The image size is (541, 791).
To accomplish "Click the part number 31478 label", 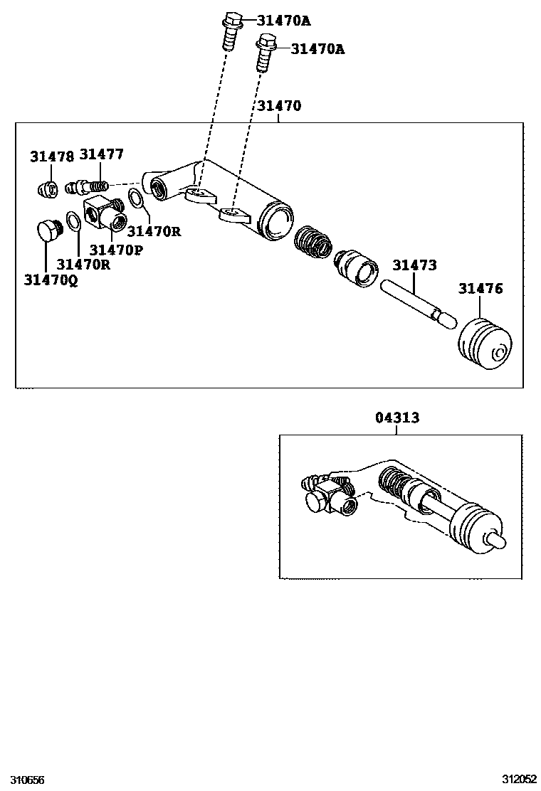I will click(51, 157).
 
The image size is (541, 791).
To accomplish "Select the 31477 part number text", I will click(101, 154).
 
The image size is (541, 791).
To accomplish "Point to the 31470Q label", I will click(51, 280).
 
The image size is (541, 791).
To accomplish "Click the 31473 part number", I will click(414, 265).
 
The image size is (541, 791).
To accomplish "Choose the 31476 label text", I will click(480, 288).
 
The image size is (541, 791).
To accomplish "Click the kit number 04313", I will click(397, 418).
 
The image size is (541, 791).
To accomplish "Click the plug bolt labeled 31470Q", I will click(48, 231).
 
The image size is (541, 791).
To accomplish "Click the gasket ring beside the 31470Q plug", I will click(73, 221).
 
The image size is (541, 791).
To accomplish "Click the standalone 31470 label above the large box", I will click(279, 106).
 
